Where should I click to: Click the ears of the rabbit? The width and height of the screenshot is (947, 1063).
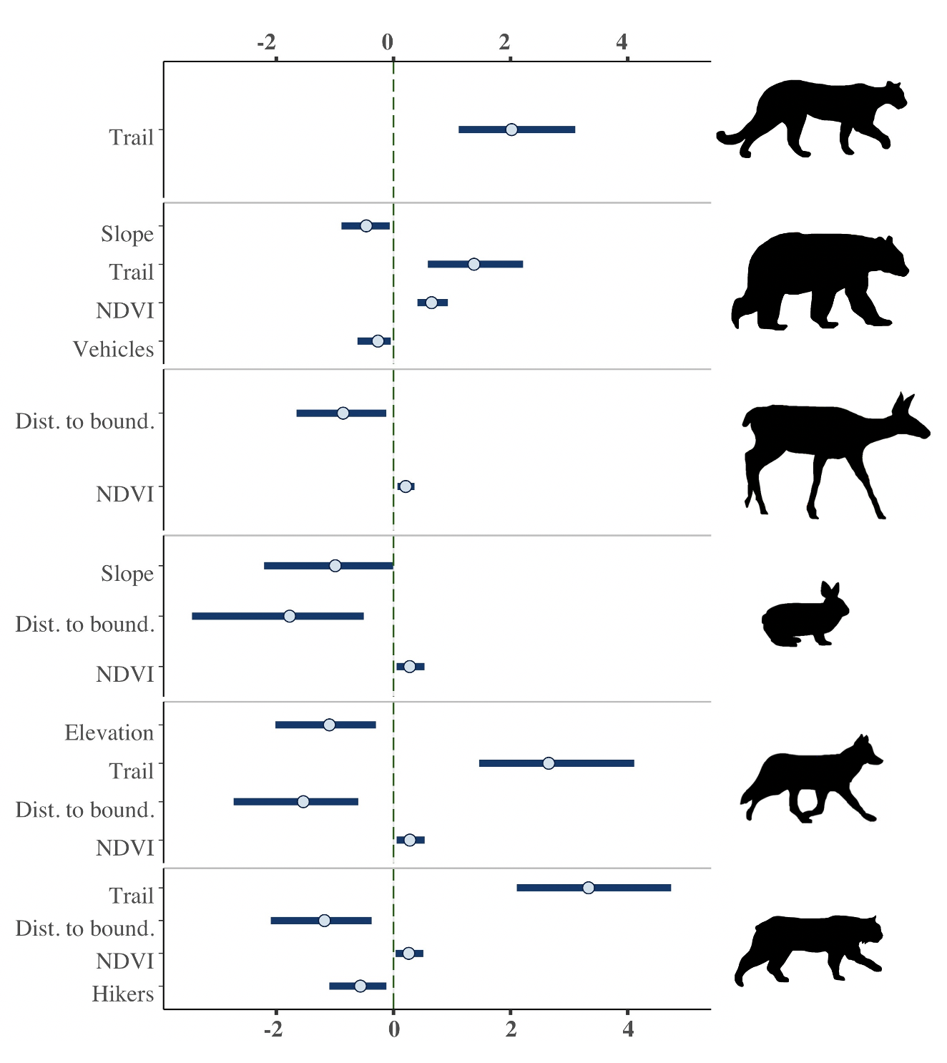[830, 590]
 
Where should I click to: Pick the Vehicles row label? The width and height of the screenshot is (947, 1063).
[114, 349]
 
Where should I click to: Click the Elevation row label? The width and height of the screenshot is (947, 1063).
[109, 733]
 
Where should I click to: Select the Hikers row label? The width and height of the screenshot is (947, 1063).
[123, 994]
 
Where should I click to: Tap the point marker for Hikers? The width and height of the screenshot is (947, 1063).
[360, 986]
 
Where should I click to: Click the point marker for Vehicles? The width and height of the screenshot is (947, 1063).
[378, 341]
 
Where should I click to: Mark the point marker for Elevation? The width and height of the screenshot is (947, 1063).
[329, 725]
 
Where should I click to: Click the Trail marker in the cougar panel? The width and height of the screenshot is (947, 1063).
[511, 129]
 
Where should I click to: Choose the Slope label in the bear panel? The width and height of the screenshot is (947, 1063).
[127, 234]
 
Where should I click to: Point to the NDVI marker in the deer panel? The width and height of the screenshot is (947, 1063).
[406, 486]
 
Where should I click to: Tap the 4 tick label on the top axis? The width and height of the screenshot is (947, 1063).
[622, 42]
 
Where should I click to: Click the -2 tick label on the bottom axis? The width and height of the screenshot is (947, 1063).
[273, 1029]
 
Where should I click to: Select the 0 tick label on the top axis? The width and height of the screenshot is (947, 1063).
[388, 42]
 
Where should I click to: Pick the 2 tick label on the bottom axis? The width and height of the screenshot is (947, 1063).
[511, 1029]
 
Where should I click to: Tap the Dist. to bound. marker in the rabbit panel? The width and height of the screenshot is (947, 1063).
[290, 616]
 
